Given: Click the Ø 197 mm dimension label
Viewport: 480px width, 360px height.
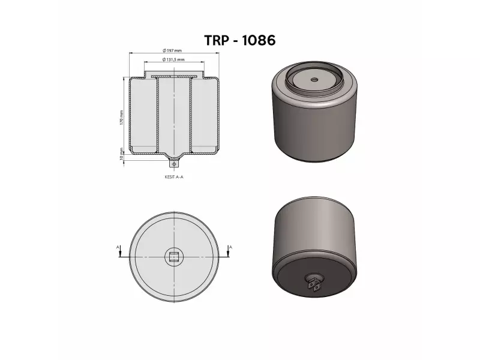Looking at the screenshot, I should pyautogui.click(x=173, y=50).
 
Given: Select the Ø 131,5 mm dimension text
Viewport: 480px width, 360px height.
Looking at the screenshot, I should pyautogui.click(x=173, y=60).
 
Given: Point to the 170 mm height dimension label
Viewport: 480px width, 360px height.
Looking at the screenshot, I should pyautogui.click(x=121, y=117).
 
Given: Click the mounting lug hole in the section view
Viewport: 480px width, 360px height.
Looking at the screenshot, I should pyautogui.click(x=174, y=163).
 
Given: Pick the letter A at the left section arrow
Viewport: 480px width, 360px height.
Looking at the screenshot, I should pyautogui.click(x=118, y=247).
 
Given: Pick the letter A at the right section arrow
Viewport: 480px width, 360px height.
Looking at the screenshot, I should pyautogui.click(x=230, y=247).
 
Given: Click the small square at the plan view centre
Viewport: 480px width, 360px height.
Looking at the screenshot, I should pyautogui.click(x=174, y=258).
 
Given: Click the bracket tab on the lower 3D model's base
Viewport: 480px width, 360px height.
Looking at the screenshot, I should pyautogui.click(x=314, y=284).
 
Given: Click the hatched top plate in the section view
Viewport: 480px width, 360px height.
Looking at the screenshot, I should pyautogui.click(x=174, y=76).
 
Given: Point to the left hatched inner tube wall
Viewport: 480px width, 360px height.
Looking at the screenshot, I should pyautogui.click(x=158, y=114).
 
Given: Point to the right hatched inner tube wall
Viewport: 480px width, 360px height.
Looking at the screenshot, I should pyautogui.click(x=190, y=114).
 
